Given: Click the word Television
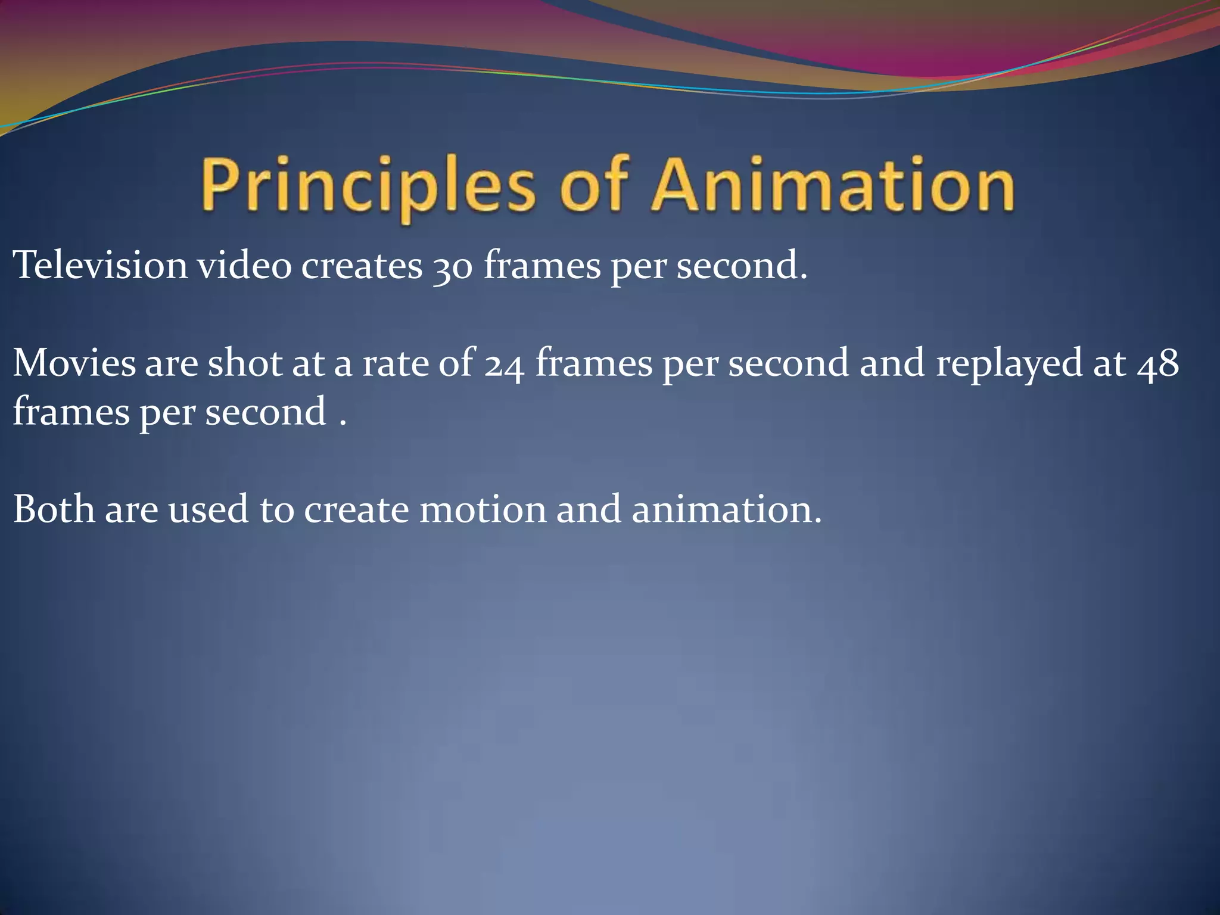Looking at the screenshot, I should [x=100, y=265].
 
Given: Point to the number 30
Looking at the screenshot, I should [x=453, y=266].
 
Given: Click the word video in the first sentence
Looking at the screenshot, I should [x=244, y=265].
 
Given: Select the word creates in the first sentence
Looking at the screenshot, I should [x=362, y=266].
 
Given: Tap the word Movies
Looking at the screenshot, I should [x=74, y=363].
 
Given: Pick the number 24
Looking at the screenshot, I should [x=504, y=364].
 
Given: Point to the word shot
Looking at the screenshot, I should [x=245, y=363].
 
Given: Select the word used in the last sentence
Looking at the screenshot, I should [x=208, y=510].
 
